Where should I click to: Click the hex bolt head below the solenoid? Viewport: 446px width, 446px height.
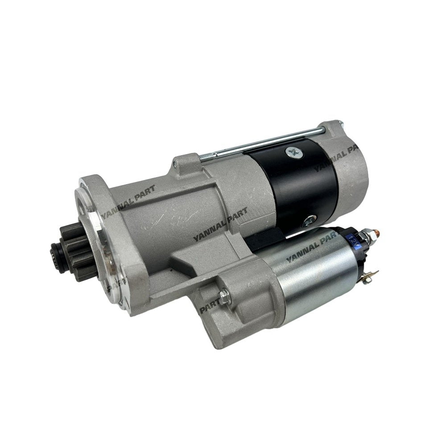tap(224, 295)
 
